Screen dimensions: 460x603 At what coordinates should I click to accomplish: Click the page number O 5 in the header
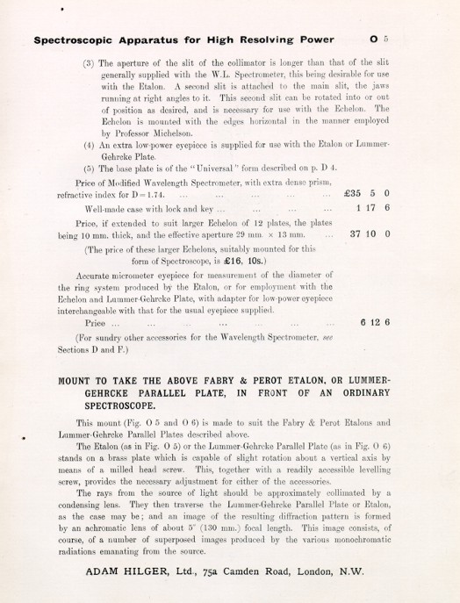point(379,39)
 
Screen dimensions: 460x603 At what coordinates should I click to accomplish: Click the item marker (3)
point(89,64)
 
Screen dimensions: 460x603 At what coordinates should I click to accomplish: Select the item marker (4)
point(89,143)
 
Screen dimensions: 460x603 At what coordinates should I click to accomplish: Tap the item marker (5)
point(89,167)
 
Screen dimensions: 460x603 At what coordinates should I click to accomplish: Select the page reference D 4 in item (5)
point(346,167)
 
